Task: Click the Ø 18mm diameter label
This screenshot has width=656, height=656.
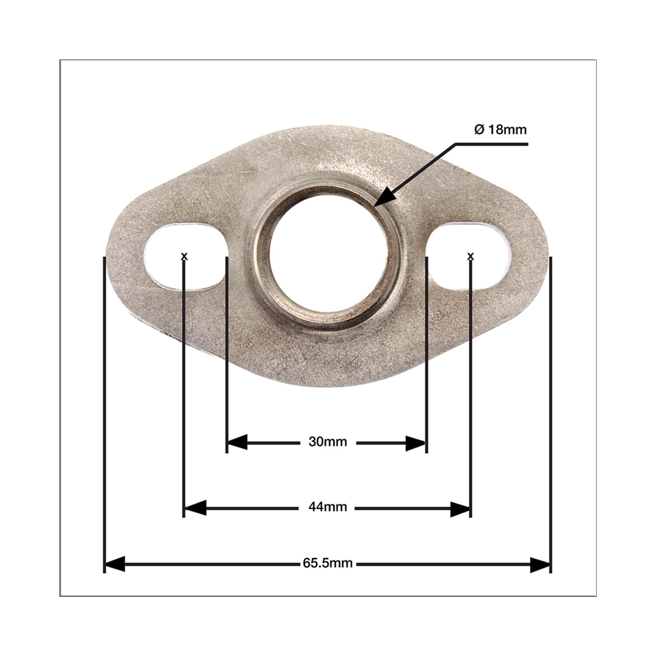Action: (500, 130)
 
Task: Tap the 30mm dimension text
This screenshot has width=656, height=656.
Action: (328, 442)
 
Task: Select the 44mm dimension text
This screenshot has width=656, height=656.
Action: (328, 507)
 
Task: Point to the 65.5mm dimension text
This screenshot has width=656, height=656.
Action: (328, 563)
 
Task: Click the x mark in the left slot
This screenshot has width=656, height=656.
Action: (184, 256)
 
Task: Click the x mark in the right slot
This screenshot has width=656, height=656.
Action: (470, 256)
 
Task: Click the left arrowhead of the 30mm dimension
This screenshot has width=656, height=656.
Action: (237, 443)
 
